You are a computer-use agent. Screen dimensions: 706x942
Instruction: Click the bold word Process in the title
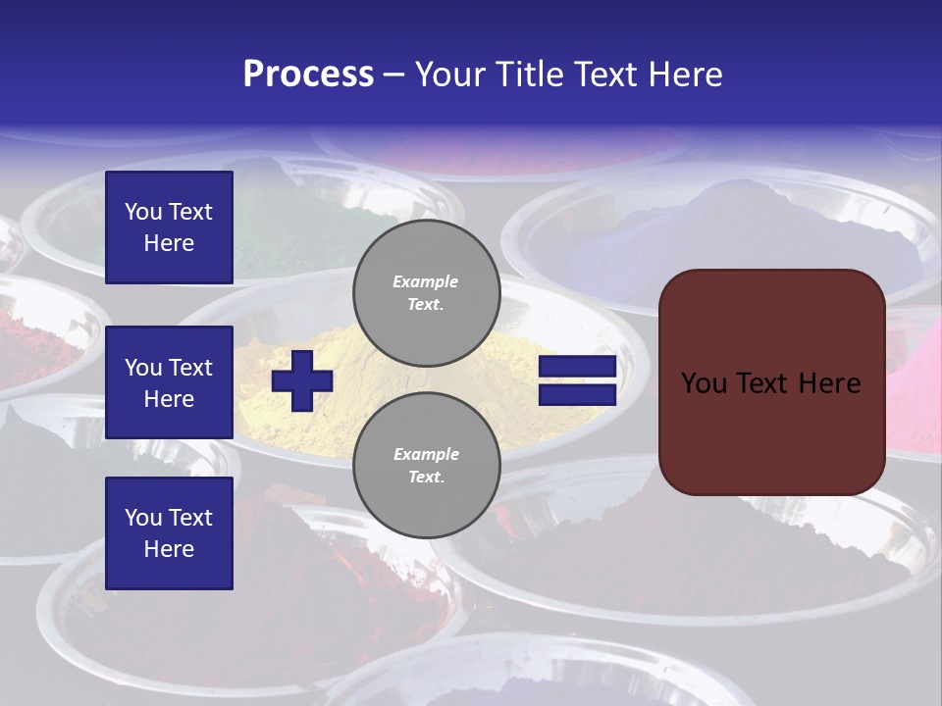coord(308,75)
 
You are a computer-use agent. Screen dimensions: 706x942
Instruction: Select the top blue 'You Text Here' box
coord(169,227)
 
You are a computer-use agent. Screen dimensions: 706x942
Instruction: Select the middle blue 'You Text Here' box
coord(169,382)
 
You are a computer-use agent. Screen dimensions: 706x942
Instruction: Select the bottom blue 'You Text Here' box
coord(169,532)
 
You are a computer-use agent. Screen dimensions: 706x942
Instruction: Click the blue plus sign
coord(302,380)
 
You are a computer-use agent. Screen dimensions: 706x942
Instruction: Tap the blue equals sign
coord(577,381)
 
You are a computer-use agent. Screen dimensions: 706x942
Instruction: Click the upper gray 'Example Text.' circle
coord(426,292)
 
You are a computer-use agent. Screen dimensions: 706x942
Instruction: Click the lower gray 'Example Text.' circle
coord(426,465)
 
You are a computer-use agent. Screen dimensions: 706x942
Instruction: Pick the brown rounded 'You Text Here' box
coord(771,381)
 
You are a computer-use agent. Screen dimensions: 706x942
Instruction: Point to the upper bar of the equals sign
coord(577,368)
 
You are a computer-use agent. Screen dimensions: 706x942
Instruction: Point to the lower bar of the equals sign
coord(577,395)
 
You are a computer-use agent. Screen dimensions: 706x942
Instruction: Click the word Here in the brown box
coord(829,383)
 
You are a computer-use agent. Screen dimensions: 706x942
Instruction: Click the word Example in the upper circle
coord(426,281)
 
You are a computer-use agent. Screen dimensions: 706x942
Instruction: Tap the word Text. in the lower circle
coord(426,478)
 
